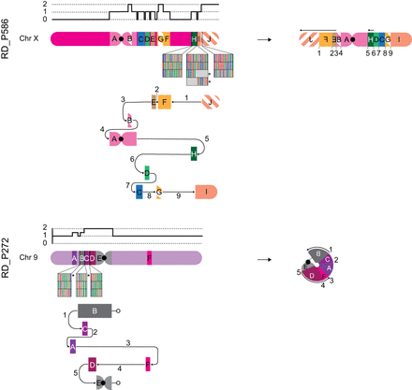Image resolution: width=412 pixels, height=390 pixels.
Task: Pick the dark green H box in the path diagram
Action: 194,152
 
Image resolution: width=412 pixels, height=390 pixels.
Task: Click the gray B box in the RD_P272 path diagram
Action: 95,310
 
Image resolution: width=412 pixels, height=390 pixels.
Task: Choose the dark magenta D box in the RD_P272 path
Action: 93,362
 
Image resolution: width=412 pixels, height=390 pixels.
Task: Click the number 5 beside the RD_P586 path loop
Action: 207,139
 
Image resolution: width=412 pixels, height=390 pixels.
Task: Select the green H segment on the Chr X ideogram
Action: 193,39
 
